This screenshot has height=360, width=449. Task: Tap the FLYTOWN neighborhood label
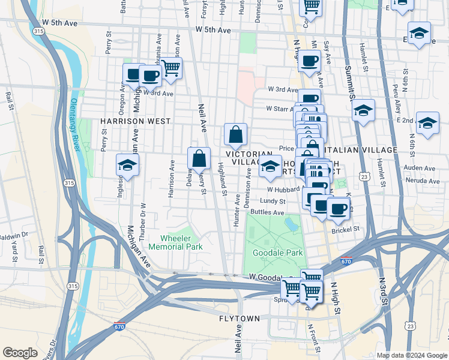tap(240, 318)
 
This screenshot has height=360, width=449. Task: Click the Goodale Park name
tap(277, 253)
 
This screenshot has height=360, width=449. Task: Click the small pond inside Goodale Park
tap(291, 224)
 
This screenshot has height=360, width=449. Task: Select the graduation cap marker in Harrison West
tap(127, 165)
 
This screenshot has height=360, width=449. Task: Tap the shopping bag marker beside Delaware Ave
tap(199, 159)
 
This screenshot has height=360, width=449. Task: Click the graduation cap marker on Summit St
tap(363, 110)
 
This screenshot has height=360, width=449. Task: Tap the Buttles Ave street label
tap(267, 212)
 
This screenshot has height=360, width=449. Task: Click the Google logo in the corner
tap(20, 352)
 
